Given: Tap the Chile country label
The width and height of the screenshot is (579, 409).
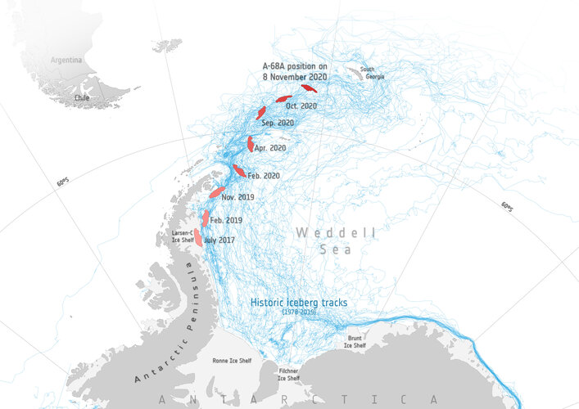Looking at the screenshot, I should (80, 97).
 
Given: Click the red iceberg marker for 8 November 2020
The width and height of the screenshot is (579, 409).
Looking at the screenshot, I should (309, 88).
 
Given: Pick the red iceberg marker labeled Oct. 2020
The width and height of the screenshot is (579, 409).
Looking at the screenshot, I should (283, 99).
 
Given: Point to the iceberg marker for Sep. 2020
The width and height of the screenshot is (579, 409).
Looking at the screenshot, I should (261, 113).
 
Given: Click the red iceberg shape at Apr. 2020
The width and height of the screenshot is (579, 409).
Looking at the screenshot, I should (251, 144).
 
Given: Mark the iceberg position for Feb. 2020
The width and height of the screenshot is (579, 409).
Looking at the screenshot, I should (238, 170).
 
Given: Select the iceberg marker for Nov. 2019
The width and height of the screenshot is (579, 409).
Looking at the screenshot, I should (216, 192).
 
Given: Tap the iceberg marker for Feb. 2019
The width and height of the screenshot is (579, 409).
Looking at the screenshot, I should (206, 218).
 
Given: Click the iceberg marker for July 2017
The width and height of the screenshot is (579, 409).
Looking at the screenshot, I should (197, 237).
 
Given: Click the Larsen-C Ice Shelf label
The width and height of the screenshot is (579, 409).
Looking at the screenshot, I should (182, 236).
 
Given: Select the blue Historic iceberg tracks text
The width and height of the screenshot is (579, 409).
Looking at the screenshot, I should (298, 303).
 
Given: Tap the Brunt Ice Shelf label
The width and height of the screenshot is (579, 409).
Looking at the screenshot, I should (354, 343).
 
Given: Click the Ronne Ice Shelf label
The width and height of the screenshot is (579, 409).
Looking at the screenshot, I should (232, 360).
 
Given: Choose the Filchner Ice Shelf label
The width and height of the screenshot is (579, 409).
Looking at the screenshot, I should (287, 375).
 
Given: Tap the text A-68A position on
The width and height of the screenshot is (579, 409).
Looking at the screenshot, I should (294, 65).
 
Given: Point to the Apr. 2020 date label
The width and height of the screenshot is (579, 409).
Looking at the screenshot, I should (270, 148).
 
